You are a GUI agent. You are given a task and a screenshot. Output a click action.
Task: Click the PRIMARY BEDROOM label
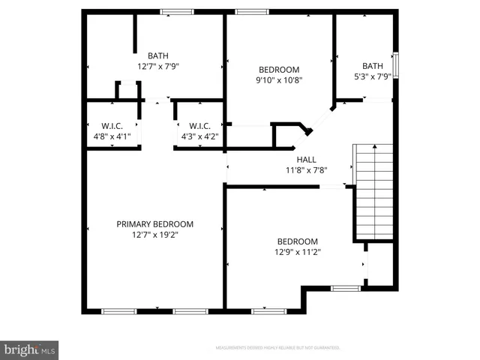tap(154, 224)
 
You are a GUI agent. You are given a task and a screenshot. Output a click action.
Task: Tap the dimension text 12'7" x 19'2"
tap(154, 235)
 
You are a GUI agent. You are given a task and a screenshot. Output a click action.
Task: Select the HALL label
tap(306, 160)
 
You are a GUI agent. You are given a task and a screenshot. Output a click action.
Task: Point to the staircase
tap(373, 190)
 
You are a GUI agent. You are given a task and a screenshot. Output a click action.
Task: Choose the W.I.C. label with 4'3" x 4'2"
tap(199, 126)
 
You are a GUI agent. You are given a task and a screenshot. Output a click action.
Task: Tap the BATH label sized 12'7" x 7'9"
tap(157, 55)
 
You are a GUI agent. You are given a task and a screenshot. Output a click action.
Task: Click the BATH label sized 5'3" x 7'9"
tap(372, 66)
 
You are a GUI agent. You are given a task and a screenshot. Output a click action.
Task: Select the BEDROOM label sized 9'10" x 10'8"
tap(279, 70)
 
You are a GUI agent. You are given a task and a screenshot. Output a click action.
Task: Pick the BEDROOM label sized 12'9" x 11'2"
tap(297, 241)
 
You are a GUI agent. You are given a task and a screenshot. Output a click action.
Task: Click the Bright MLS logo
tap(29, 349)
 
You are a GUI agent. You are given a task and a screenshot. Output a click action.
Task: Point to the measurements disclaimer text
tap(277, 348)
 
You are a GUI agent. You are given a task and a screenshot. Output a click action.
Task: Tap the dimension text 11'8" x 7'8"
tap(306, 170)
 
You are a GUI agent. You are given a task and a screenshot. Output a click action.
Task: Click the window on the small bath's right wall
tap(396, 65)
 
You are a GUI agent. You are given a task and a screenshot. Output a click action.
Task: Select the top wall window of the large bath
tap(177, 12)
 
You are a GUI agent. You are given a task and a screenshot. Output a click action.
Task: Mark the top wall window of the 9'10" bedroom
tap(252, 12)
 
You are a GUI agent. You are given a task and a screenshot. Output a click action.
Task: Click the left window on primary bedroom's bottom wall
tap(118, 310)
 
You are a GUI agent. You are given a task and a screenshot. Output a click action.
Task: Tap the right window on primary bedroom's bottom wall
tap(190, 310)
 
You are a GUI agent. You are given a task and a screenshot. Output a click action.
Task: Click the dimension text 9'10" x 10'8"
tap(279, 80)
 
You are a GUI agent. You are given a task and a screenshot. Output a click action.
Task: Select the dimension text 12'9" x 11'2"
tap(297, 252)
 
